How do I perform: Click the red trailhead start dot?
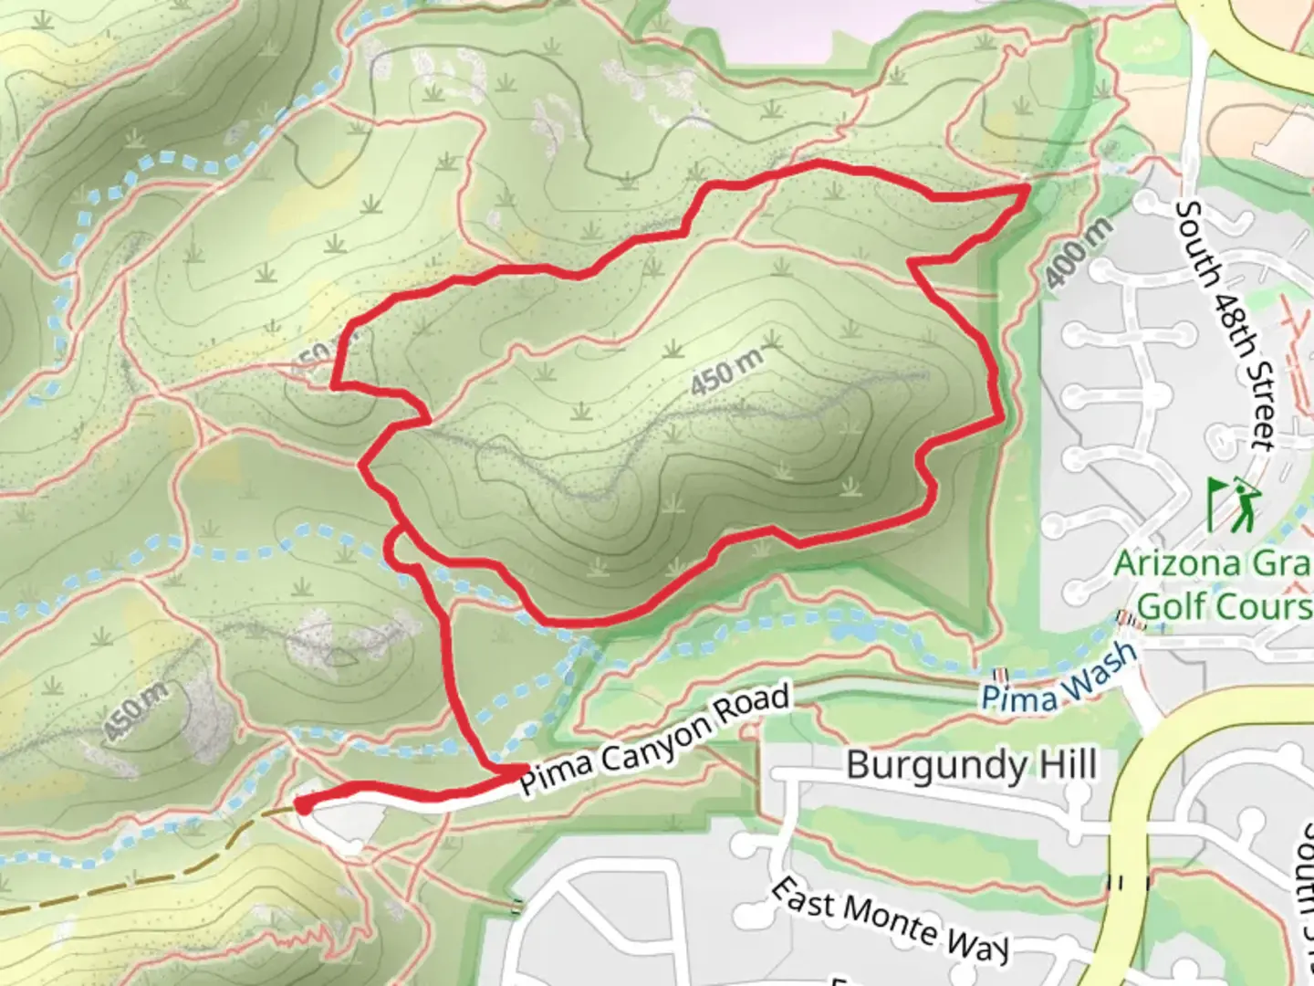[x=302, y=805]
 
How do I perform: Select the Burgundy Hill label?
[x=971, y=764]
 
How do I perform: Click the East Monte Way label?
[x=890, y=918]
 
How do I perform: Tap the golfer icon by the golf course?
[x=1233, y=504]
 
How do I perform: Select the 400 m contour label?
[x=1079, y=253]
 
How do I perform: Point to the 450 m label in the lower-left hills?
[x=135, y=711]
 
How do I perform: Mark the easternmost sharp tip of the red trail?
[x=1028, y=187]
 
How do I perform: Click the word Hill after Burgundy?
[x=1063, y=764]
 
